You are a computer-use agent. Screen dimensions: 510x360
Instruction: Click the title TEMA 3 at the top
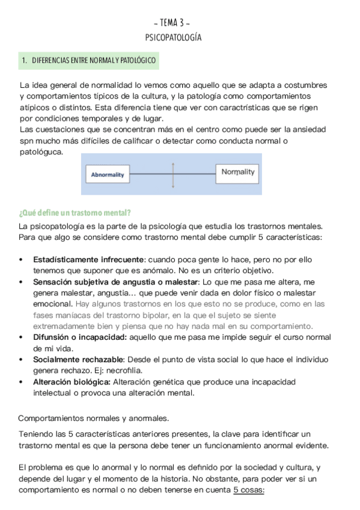173,23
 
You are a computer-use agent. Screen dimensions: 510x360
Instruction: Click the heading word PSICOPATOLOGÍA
173,37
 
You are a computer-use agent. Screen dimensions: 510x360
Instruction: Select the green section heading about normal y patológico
88,61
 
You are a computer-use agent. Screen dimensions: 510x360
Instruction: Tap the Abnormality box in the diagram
108,174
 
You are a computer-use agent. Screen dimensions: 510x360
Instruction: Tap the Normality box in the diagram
237,173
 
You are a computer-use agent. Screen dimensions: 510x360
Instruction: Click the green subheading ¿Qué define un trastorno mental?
75,213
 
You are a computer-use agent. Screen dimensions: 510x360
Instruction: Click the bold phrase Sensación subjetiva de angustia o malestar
115,281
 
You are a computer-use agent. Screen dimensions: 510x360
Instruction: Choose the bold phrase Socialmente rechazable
78,360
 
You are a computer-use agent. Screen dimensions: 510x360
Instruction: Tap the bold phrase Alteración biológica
71,382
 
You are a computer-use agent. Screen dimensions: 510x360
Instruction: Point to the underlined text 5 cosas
248,490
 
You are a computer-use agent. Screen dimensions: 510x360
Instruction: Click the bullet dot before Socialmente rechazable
22,360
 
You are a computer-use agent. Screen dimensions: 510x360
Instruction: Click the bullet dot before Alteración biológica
22,382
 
